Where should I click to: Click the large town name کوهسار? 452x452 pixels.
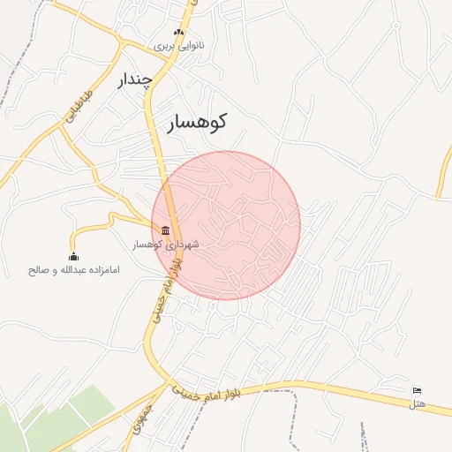pos(197,122)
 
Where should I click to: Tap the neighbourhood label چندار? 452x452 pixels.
pos(135,80)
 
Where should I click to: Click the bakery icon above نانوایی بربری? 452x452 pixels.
pos(180,33)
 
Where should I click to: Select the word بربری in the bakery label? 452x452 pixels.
pos(166,45)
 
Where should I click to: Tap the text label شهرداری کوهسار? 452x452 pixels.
pos(166,244)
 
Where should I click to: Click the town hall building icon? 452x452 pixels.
pos(166,230)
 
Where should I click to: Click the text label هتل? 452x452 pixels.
pos(418,403)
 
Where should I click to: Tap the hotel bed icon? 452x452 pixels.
pos(418,391)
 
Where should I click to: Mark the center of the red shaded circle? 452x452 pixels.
pos(226,225)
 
